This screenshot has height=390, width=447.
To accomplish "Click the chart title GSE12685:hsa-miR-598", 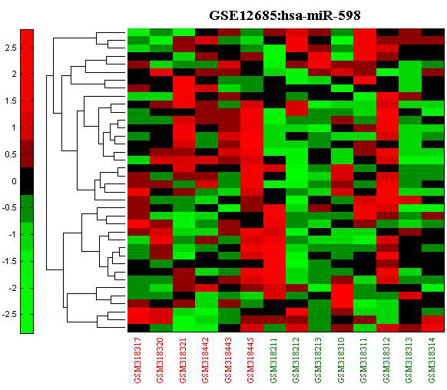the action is click(x=285, y=15).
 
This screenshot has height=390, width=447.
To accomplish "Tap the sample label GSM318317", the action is click(x=138, y=360).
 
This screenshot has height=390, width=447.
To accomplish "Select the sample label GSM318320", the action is click(x=161, y=360).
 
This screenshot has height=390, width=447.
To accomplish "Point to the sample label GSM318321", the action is click(x=183, y=360).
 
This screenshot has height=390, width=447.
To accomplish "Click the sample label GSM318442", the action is click(x=206, y=360).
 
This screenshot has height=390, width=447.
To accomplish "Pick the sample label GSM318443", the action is click(x=229, y=360).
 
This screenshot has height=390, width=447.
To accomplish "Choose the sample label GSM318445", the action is click(x=251, y=360).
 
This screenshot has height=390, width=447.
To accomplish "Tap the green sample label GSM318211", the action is click(x=273, y=360).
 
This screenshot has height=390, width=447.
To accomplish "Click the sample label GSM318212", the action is click(x=296, y=360).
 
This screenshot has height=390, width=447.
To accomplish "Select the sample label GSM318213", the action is click(x=319, y=360).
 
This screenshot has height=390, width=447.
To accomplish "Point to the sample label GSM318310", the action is click(x=342, y=360).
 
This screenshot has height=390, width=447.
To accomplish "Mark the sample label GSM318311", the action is click(x=364, y=360).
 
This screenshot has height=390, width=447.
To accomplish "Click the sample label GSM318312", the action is click(x=387, y=360).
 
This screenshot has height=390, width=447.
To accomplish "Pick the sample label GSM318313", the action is click(x=409, y=360).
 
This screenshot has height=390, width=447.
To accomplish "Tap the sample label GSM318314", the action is click(x=432, y=360).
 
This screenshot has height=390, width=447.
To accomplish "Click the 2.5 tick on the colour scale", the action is click(x=11, y=48).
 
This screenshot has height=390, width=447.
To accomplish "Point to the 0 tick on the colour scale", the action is click(x=14, y=181).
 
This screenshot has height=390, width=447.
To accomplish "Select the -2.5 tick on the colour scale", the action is click(x=9, y=315).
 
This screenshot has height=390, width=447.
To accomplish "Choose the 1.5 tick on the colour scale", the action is click(x=11, y=101).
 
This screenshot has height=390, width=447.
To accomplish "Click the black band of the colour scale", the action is click(x=27, y=181).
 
